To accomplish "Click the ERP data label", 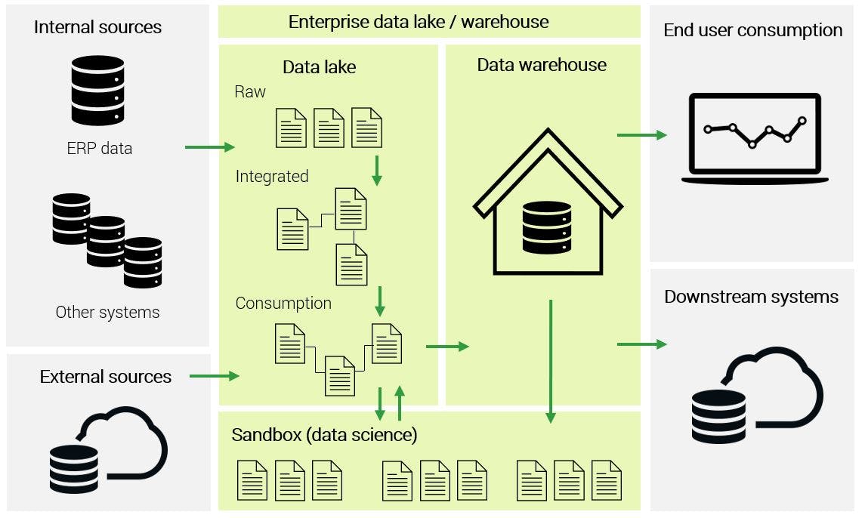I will point(99,149).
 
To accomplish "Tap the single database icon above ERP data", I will point(97,90).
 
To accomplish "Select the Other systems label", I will point(107,313).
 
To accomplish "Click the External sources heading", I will point(106,377).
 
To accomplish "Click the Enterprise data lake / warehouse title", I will point(418,21).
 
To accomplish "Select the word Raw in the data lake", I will point(250,92).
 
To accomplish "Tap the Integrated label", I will point(272,177).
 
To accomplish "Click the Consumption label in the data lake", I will point(283,304).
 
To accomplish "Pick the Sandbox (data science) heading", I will point(324,435).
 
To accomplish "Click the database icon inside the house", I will point(546,227).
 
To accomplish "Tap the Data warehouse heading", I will point(541,65).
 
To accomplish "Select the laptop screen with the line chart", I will point(754,134).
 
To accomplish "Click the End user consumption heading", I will point(752,31).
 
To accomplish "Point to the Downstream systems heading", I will point(751,297).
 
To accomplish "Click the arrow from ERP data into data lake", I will point(209,147).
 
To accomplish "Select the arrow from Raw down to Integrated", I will point(377,171).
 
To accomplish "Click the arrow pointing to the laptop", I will point(641,135).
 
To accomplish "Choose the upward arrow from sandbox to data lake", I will point(400,403).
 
